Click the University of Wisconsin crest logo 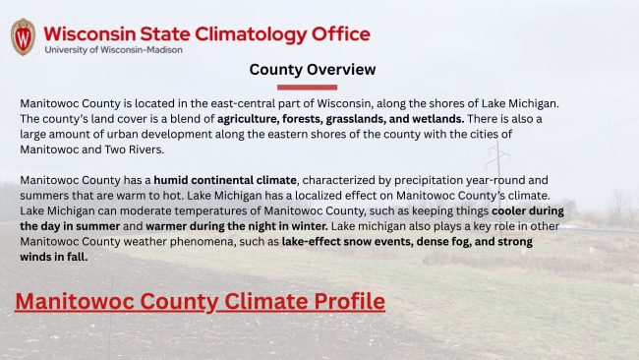coord(23,36)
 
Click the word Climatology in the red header coord(251,34)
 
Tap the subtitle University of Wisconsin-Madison coord(113,50)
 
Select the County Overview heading coord(313,70)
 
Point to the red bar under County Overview coord(308,88)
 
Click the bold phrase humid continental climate coord(225,180)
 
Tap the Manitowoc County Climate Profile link coord(201,302)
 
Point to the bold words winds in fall coord(54,258)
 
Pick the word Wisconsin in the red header coord(89,34)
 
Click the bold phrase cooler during coord(528,211)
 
